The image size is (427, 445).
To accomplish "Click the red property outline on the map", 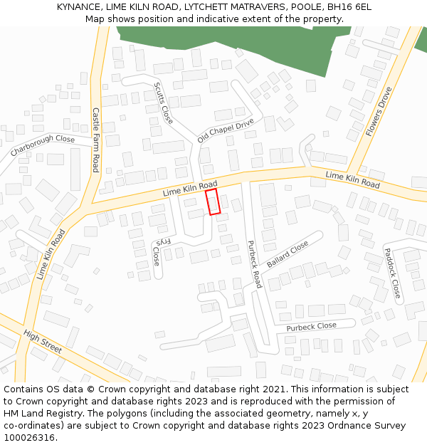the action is [x=213, y=201].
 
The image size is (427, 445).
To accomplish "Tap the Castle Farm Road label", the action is [x=95, y=140].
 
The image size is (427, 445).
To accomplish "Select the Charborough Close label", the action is [x=43, y=146].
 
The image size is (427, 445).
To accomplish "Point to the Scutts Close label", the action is [x=163, y=104].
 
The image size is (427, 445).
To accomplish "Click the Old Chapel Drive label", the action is [x=226, y=130].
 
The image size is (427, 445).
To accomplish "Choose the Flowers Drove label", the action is [x=379, y=112].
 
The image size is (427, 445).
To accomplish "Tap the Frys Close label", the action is [x=160, y=251].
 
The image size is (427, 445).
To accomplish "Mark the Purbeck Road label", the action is [x=254, y=263].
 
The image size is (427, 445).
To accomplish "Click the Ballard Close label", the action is [x=288, y=254].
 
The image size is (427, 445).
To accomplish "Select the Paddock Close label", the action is [x=392, y=273].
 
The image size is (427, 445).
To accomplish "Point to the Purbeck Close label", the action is [x=311, y=327].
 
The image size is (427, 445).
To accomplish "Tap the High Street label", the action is [x=43, y=342].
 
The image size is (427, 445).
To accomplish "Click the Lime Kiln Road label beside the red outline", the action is [x=190, y=189].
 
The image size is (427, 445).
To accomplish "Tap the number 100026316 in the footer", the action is [x=31, y=438].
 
